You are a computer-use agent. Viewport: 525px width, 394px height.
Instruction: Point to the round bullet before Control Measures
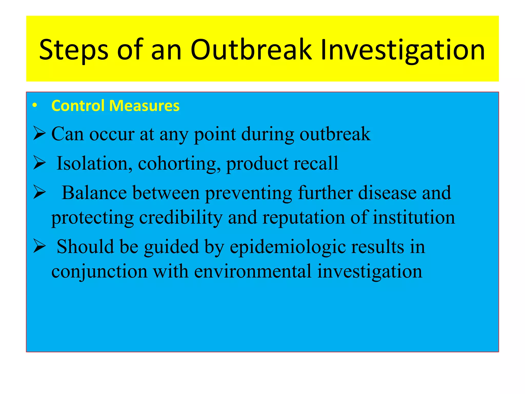click(35, 105)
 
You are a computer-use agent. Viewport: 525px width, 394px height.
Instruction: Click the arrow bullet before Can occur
click(39, 134)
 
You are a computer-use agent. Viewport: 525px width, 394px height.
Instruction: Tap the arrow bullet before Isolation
click(39, 163)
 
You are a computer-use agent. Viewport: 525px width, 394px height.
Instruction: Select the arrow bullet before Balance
click(39, 193)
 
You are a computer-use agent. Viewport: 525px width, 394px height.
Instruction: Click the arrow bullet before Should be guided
click(39, 247)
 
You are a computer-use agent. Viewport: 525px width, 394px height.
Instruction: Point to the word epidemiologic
click(287, 247)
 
